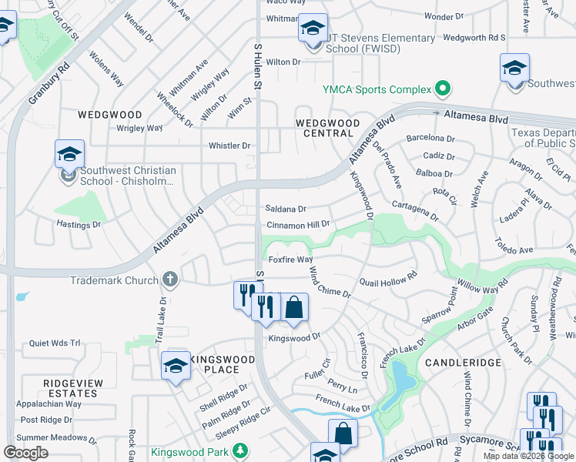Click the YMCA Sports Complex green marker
click(x=442, y=89)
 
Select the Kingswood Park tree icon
click(x=241, y=451)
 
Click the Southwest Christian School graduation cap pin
click(x=69, y=155)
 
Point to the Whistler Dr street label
click(x=229, y=146)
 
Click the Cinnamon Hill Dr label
click(x=298, y=225)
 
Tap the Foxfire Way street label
click(x=290, y=260)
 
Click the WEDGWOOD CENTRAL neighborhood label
click(x=328, y=128)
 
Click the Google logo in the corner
click(x=26, y=453)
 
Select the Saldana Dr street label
click(x=286, y=209)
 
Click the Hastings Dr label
click(x=79, y=224)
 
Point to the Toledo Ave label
click(x=514, y=250)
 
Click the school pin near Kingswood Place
click(x=176, y=366)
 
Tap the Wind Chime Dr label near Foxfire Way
click(x=330, y=283)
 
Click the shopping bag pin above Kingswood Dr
click(x=293, y=307)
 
